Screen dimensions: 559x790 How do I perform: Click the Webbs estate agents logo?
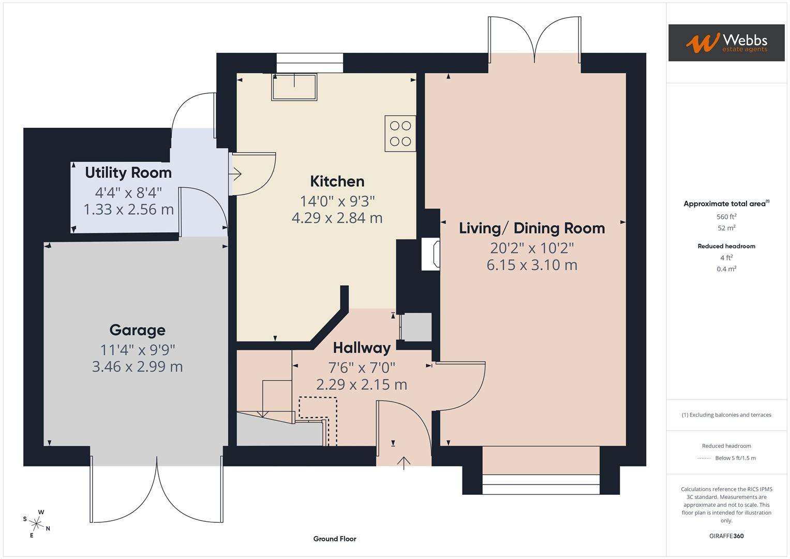726,42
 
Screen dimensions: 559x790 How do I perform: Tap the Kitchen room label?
337,182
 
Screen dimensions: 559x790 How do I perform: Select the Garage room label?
137,330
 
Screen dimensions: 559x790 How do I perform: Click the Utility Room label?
128,172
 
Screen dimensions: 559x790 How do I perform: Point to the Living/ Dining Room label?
532,228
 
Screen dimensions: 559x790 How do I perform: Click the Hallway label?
362,348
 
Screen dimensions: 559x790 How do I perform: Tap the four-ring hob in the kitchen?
400,134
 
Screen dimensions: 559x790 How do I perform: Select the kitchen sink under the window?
294,87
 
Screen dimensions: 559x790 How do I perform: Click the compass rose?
37,523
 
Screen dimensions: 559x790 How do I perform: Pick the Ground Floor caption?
335,539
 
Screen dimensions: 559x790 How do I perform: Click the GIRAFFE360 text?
726,536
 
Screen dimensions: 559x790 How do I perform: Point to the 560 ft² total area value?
726,217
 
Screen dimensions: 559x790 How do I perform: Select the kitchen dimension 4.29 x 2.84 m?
337,218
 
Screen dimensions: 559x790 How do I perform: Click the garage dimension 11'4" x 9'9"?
138,350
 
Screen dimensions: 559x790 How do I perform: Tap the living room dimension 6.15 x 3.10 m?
532,265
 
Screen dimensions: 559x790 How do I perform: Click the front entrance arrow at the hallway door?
404,462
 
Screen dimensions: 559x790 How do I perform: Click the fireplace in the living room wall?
430,254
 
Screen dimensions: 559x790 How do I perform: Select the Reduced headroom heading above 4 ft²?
726,246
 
